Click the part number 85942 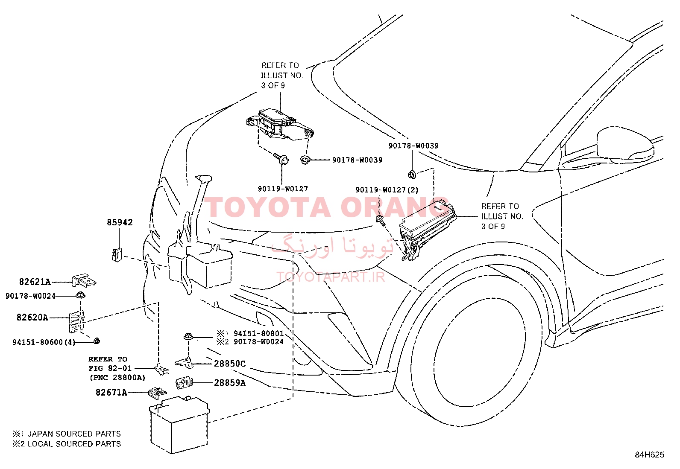pos(120,222)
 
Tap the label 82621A pos(35,282)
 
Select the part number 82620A pos(32,318)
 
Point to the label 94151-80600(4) pos(44,342)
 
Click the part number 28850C pos(230,364)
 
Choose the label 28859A pos(230,383)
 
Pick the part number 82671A pos(111,393)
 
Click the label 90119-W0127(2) pos(387,190)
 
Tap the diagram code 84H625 pos(650,455)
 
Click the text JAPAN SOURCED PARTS pos(74,434)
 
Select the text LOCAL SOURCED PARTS pos(74,444)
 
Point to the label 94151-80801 pos(259,333)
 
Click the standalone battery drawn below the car pos(179,425)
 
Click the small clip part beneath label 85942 pos(117,254)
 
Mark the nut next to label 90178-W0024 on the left pos(80,295)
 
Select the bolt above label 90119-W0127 pos(281,159)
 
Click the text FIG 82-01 pos(110,368)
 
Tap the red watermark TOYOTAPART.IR pos(331,277)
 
